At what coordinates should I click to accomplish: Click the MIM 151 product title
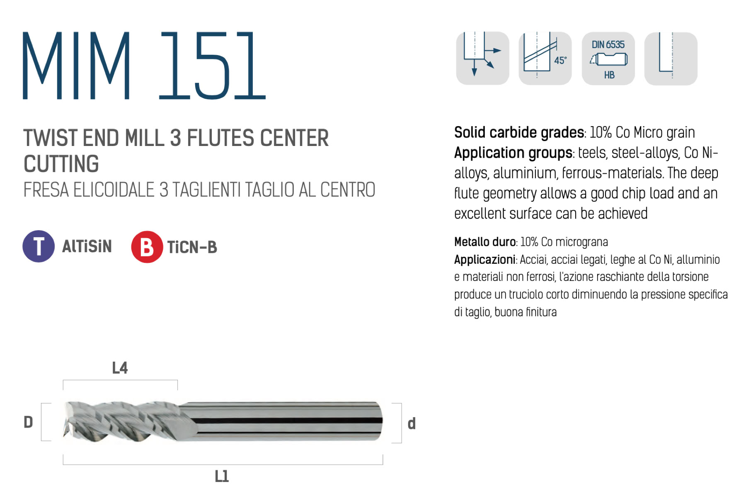point(144,66)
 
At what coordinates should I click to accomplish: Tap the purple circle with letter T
point(39,246)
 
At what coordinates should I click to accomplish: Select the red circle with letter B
point(147,247)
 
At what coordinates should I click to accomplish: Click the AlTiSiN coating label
point(87,246)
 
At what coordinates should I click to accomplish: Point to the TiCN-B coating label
point(192,247)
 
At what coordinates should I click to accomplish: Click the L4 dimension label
point(120,368)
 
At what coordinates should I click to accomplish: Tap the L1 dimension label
point(222,476)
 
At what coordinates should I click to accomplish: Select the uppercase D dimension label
point(28,422)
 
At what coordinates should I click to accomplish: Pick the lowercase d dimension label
point(412,423)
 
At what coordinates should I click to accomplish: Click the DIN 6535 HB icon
point(608,58)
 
